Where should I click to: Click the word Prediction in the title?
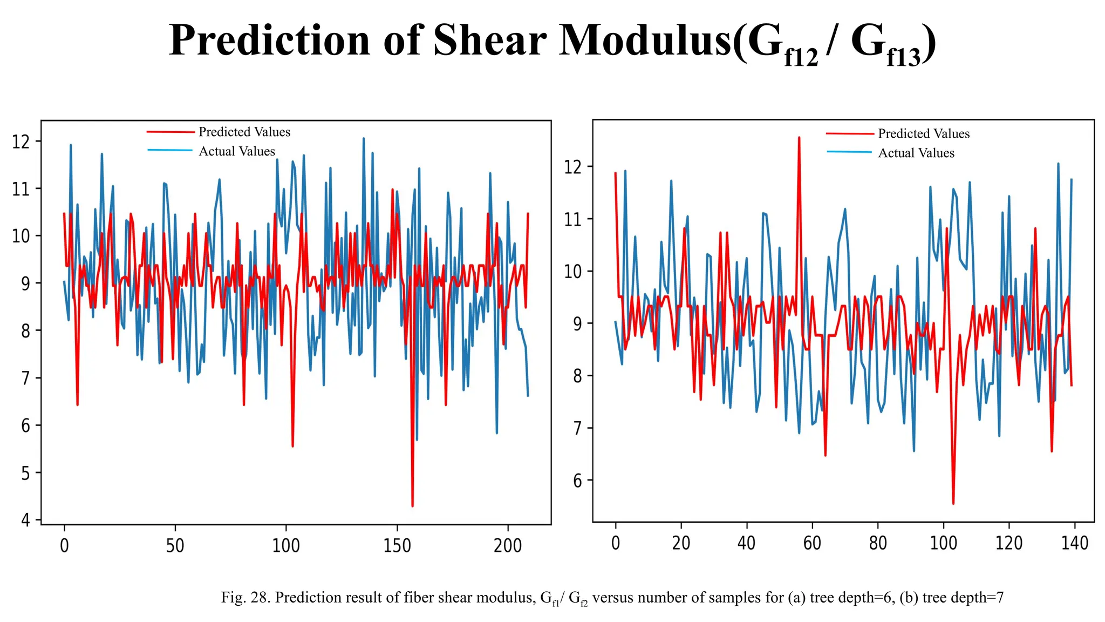coord(269,40)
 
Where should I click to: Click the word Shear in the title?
coord(489,40)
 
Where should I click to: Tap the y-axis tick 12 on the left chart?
coord(20,142)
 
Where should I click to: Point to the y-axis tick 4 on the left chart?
coord(25,520)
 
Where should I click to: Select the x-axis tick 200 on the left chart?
coord(508,546)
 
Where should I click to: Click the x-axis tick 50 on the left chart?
coord(175,546)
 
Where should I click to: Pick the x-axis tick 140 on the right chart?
coord(1074,543)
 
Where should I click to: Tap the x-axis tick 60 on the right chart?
coord(812,543)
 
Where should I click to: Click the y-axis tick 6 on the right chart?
coord(577,481)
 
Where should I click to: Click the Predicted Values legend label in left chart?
coord(244,132)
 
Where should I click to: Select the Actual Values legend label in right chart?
coord(916,153)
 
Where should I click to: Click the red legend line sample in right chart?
coord(849,133)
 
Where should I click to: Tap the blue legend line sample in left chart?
coord(170,150)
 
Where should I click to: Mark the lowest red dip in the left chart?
coord(412,505)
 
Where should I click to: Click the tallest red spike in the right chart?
coord(799,138)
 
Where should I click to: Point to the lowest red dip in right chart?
coord(953,503)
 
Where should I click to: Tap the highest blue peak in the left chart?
coord(363,138)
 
